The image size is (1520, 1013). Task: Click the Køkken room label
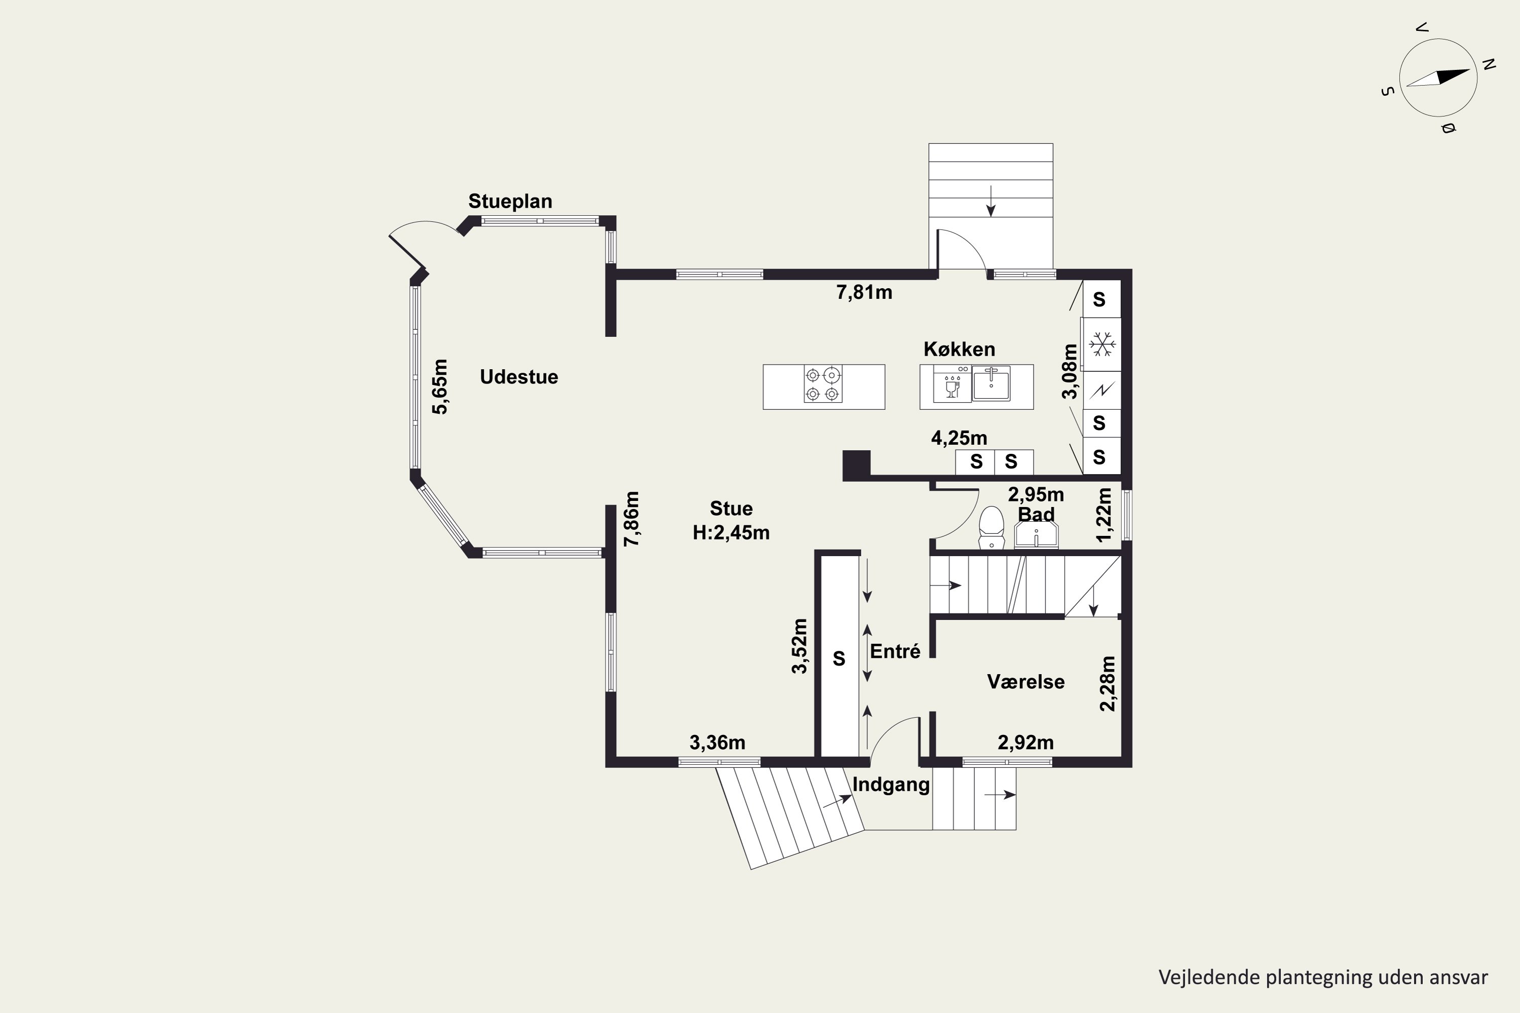point(959,349)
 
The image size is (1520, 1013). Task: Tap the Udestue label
point(519,377)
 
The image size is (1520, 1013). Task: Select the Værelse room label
point(1025,682)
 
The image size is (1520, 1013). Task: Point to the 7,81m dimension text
point(864,293)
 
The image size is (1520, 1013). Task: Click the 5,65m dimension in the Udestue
point(439,386)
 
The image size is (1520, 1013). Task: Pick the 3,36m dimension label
point(717,743)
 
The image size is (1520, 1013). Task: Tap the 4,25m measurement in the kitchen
point(959,438)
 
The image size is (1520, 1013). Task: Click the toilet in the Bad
point(992,527)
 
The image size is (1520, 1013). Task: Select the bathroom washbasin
point(1036,534)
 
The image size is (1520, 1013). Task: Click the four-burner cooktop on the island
point(823,384)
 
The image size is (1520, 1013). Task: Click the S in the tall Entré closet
point(839,658)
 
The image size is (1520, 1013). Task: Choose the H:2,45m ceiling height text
point(731,532)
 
